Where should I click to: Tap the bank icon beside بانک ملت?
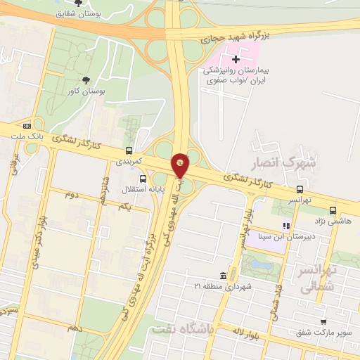[x=27, y=125]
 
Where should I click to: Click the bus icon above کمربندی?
[x=129, y=150]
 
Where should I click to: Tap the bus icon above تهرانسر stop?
[x=300, y=189]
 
